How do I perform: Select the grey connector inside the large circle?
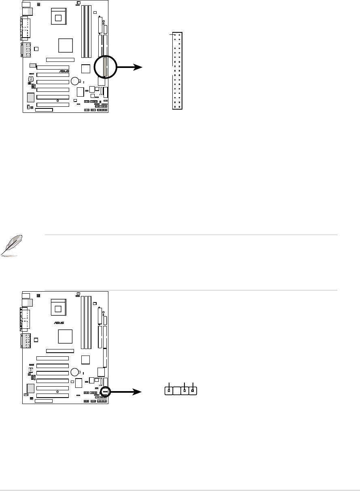click(x=105, y=67)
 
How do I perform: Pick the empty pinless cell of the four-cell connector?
click(x=176, y=391)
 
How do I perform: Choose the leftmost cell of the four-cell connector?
click(x=169, y=391)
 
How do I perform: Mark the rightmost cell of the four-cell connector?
click(x=193, y=391)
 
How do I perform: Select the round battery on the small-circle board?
click(x=75, y=372)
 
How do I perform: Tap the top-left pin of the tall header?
click(x=174, y=35)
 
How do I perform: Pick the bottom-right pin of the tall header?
click(x=179, y=107)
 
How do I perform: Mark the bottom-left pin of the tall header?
click(x=174, y=107)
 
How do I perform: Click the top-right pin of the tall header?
click(x=179, y=35)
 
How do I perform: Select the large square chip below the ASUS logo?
click(x=65, y=336)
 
